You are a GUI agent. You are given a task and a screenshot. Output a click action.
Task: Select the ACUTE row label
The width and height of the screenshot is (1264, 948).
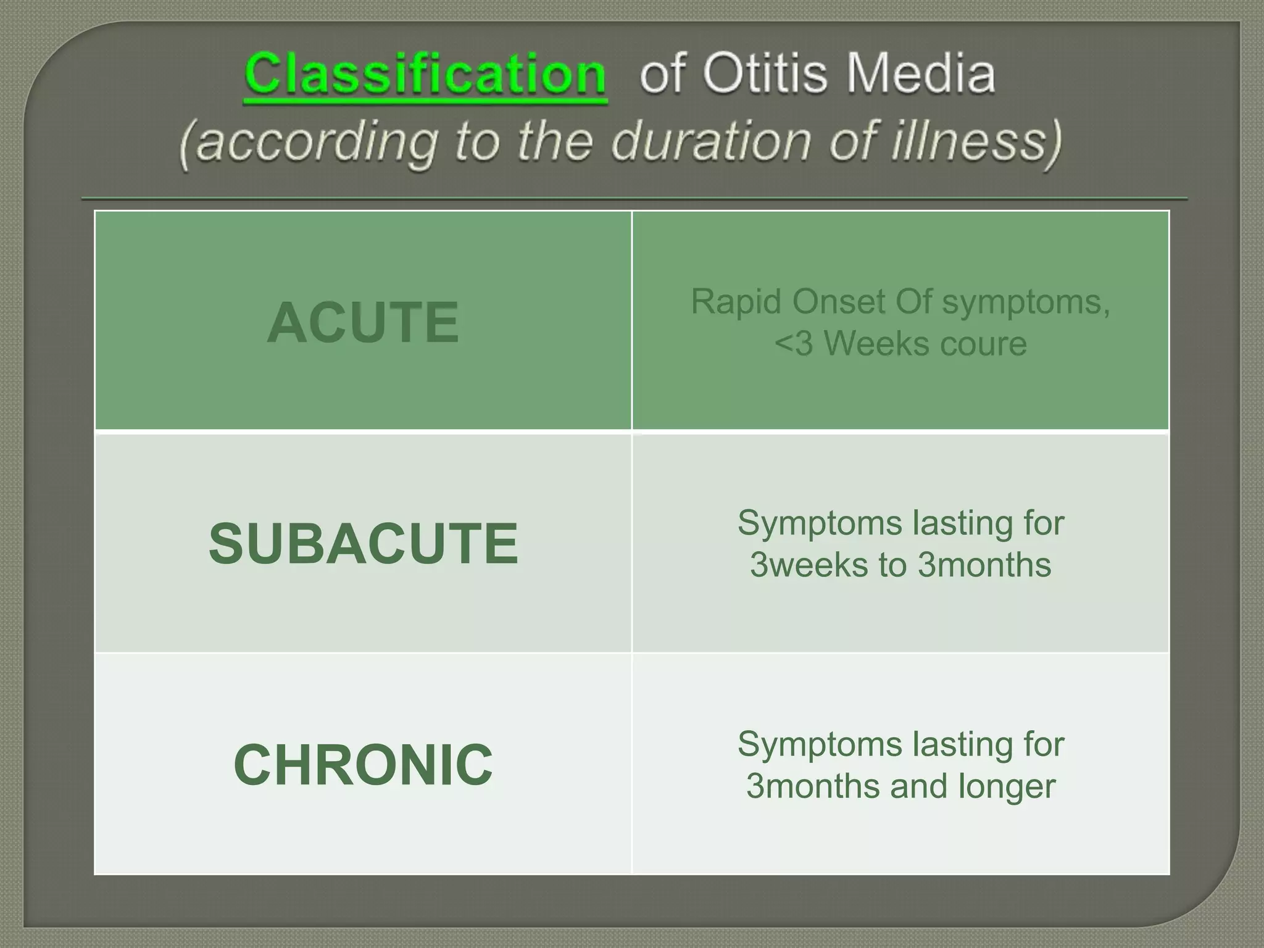[x=363, y=322]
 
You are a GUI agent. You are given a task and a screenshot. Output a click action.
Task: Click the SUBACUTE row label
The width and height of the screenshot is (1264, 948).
[x=363, y=543]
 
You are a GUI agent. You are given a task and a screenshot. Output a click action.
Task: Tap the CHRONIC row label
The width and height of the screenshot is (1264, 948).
[x=363, y=765]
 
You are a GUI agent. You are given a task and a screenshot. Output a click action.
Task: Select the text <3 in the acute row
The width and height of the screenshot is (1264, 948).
[x=794, y=344]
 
